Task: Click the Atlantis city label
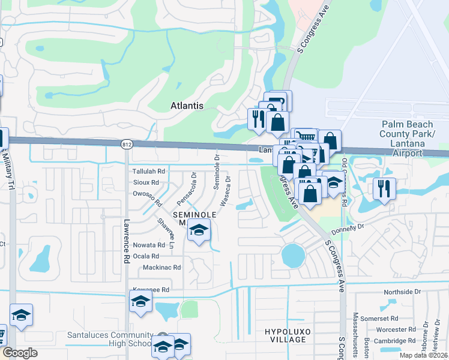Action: [x=186, y=106]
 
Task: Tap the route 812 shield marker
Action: [x=127, y=145]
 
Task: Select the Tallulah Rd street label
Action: [x=148, y=172]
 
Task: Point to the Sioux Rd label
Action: [x=146, y=182]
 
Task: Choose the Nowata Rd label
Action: [x=149, y=245]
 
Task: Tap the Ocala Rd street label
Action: [x=146, y=256]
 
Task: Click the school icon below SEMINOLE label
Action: [x=198, y=230]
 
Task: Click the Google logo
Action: [x=20, y=353]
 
